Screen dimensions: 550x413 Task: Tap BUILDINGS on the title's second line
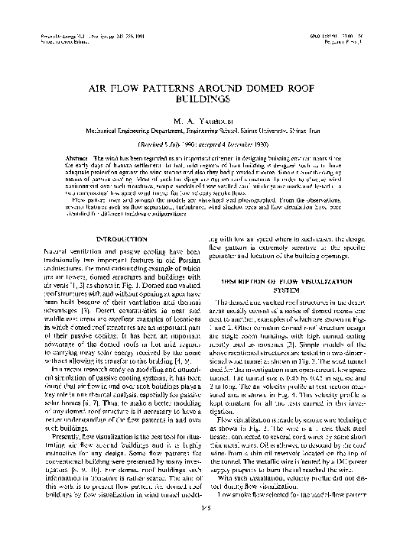[206, 99]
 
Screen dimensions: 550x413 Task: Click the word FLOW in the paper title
[127, 88]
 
